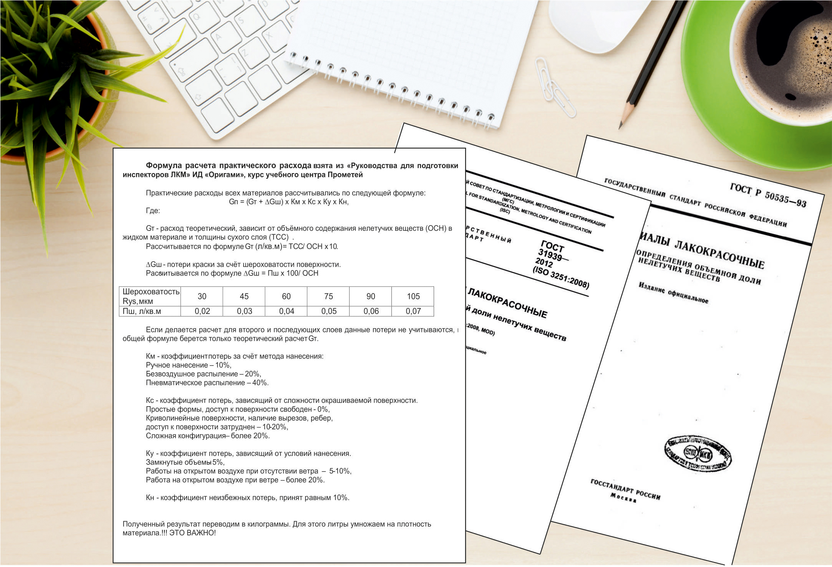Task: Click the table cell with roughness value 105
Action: click(x=413, y=296)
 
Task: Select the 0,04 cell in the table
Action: click(x=286, y=311)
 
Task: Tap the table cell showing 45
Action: click(x=244, y=296)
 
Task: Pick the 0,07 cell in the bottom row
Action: click(x=413, y=311)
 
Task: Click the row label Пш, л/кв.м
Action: click(x=142, y=311)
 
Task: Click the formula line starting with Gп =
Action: click(x=288, y=202)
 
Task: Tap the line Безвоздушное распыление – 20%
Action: click(x=203, y=374)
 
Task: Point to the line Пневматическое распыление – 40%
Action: click(x=207, y=383)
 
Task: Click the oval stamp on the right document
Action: click(x=698, y=454)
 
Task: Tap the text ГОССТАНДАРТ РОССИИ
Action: click(x=625, y=489)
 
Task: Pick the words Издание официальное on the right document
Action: click(x=673, y=293)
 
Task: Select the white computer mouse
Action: click(x=599, y=23)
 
